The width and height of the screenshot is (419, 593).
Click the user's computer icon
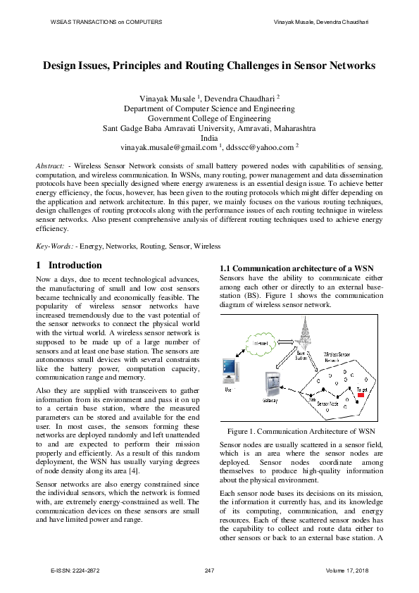[x=229, y=370]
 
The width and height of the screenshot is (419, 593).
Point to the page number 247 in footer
[x=209, y=570]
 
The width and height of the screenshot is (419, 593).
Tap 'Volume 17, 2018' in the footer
[x=348, y=570]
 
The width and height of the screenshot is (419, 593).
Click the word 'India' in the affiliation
[x=209, y=139]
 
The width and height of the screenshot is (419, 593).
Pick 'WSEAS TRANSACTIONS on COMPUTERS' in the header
[x=106, y=23]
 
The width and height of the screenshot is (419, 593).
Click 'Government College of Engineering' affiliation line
[x=209, y=119]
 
